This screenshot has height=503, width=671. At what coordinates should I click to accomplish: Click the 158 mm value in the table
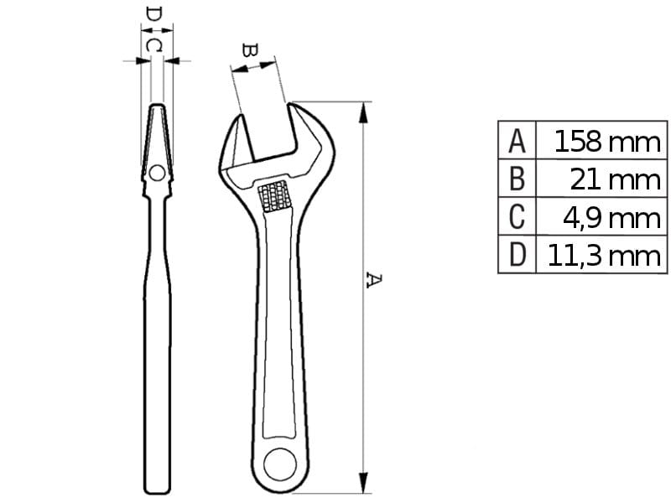pos(607,142)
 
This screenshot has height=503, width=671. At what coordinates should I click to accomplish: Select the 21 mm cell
pos(616,179)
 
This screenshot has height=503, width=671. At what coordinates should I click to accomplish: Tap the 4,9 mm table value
pos(612,218)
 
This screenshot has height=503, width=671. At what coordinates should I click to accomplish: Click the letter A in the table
pos(517,141)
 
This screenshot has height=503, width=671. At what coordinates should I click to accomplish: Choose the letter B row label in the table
pos(517,179)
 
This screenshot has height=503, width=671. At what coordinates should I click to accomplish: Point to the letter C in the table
pos(517,217)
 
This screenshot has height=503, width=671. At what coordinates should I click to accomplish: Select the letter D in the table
pos(517,255)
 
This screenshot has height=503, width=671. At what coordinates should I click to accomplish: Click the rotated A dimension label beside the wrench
pos(373,280)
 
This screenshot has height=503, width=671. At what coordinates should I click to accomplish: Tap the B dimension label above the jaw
pos(249,50)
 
